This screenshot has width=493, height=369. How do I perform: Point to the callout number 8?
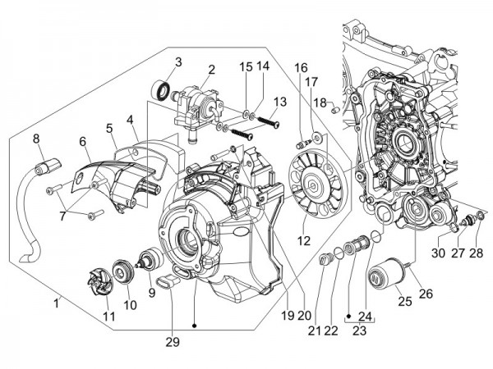pyautogui.click(x=36, y=138)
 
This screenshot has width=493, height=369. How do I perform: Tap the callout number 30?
pyautogui.click(x=437, y=253)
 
